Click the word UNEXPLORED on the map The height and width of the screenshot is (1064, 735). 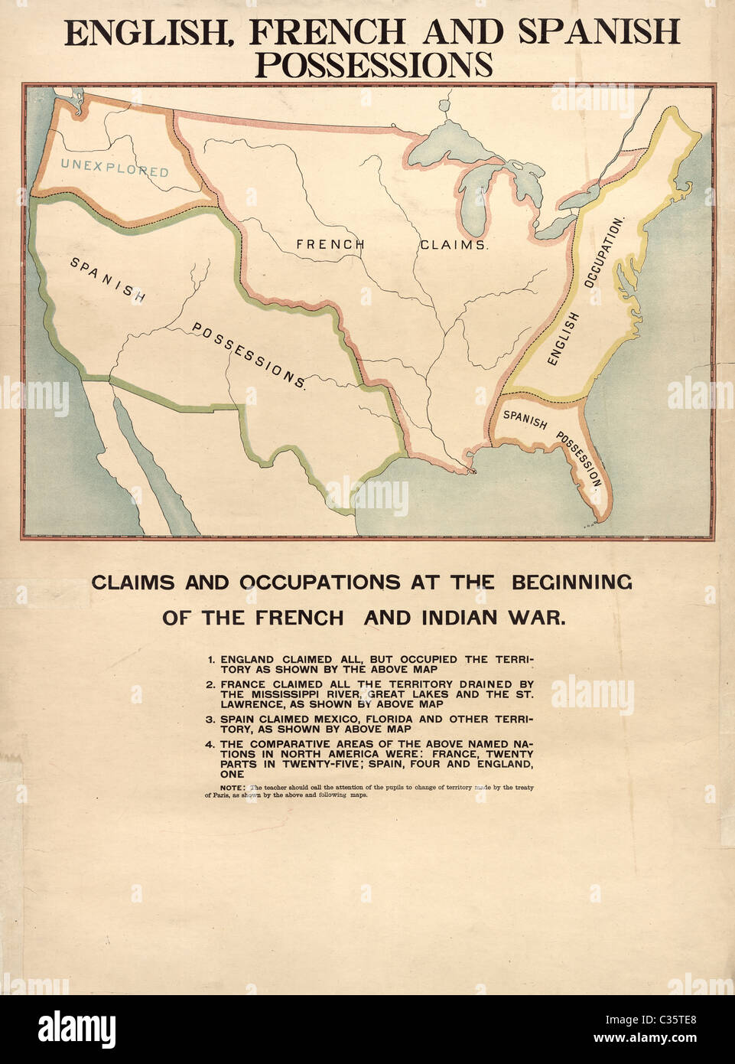pos(115,168)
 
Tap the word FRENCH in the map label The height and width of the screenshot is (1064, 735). pos(330,244)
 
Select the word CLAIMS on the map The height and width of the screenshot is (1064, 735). pos(454,245)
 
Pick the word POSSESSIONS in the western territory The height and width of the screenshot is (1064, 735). pos(249,354)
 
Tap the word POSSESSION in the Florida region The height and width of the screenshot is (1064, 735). pos(580,458)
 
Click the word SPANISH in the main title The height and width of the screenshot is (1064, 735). pos(598,32)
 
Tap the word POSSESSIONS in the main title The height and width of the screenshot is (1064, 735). pos(373,65)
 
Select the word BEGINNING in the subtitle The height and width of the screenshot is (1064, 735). pos(571,583)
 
